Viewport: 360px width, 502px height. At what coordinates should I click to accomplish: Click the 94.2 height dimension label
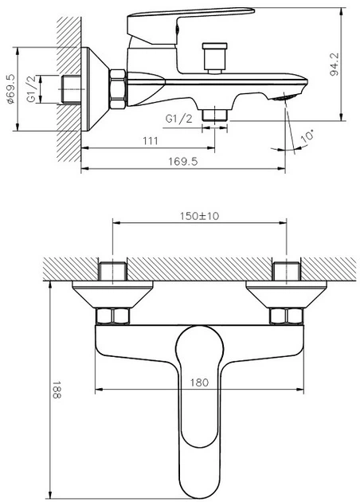pyautogui.click(x=335, y=65)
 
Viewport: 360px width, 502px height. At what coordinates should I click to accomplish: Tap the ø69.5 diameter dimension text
pyautogui.click(x=11, y=89)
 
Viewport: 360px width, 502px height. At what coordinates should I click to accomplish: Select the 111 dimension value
pyautogui.click(x=151, y=141)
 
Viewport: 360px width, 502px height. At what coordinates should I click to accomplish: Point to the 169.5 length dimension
pyautogui.click(x=183, y=161)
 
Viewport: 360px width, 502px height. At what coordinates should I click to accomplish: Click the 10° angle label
pyautogui.click(x=307, y=135)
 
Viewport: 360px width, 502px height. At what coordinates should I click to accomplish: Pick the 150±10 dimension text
pyautogui.click(x=199, y=216)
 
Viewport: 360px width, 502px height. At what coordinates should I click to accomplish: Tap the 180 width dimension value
pyautogui.click(x=199, y=382)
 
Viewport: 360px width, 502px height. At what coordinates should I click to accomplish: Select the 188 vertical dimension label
pyautogui.click(x=57, y=390)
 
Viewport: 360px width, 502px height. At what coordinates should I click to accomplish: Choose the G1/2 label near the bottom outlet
pyautogui.click(x=179, y=119)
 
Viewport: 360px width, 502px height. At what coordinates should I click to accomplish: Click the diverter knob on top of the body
pyautogui.click(x=215, y=58)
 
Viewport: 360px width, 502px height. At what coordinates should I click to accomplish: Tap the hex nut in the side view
pyautogui.click(x=118, y=89)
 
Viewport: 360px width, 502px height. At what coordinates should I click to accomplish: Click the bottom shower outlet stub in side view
pyautogui.click(x=215, y=114)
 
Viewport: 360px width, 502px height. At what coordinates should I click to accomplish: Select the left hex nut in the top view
pyautogui.click(x=113, y=316)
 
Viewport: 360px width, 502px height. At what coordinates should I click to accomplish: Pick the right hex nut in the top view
pyautogui.click(x=287, y=316)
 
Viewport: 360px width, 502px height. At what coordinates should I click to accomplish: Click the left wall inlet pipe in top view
pyautogui.click(x=113, y=271)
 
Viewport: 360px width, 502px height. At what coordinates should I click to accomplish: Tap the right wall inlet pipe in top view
pyautogui.click(x=287, y=271)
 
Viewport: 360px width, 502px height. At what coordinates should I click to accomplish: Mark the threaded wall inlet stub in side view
pyautogui.click(x=70, y=89)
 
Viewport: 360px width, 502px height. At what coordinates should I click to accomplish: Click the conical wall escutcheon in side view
pyautogui.click(x=95, y=89)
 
